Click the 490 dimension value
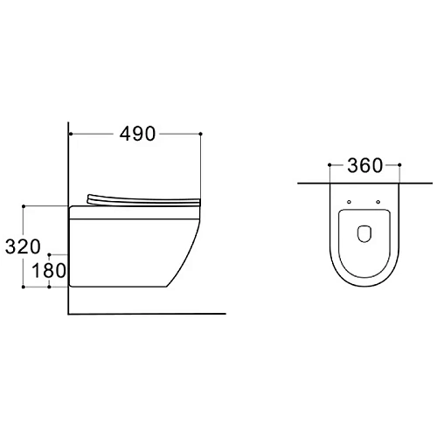[138, 134]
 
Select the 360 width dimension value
[364, 165]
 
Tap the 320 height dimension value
[23, 246]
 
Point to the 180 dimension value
[49, 270]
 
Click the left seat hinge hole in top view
[349, 202]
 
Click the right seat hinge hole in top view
[378, 202]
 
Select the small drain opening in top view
[364, 234]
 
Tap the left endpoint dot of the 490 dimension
[71, 134]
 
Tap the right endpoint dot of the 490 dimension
[200, 134]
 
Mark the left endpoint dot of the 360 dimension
[329, 165]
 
